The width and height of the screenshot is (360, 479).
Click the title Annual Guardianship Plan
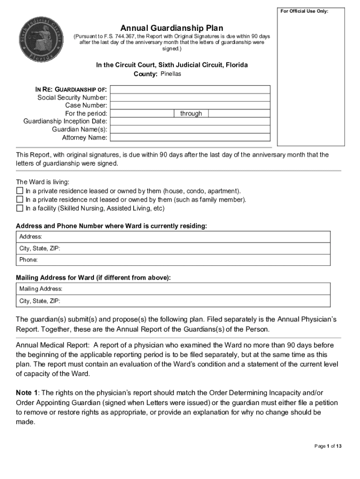click(x=172, y=28)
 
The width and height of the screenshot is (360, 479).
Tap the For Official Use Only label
click(x=304, y=11)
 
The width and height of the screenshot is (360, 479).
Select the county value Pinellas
click(x=171, y=74)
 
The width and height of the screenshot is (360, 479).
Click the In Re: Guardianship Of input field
click(x=190, y=89)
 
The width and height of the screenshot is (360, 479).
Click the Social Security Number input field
click(x=190, y=97)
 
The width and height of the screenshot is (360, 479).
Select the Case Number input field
click(x=190, y=105)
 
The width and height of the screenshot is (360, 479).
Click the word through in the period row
click(x=191, y=114)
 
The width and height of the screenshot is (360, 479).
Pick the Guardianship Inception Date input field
click(x=190, y=121)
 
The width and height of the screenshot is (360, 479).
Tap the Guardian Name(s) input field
click(x=190, y=129)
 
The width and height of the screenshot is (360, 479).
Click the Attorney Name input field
click(x=190, y=137)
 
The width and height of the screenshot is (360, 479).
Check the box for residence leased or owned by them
click(x=20, y=191)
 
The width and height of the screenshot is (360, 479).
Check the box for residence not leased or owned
click(x=20, y=200)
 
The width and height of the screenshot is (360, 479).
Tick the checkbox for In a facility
click(x=20, y=208)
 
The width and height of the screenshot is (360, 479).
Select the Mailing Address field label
click(x=41, y=289)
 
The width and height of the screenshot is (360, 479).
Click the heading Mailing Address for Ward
click(x=94, y=278)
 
